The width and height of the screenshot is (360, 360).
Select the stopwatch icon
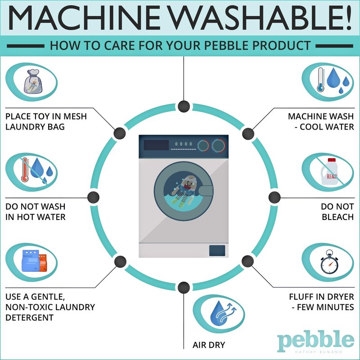click(329, 262)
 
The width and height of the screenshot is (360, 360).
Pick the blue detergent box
click(30, 261)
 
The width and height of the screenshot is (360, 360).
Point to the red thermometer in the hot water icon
click(24, 171)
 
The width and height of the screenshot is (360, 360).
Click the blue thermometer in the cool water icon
click(320, 80)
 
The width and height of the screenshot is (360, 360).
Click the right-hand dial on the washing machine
click(218, 145)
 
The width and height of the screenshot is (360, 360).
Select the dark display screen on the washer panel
click(156, 145)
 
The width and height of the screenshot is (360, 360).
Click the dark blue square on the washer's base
click(217, 251)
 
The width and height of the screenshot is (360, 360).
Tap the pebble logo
click(316, 341)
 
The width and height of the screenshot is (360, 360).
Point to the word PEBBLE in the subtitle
click(226, 45)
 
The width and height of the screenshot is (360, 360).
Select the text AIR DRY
click(209, 345)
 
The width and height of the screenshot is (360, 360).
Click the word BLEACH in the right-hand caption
click(337, 217)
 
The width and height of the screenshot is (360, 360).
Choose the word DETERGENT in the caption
click(29, 318)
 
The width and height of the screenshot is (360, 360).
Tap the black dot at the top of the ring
click(184, 106)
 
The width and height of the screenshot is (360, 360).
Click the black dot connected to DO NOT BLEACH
click(274, 198)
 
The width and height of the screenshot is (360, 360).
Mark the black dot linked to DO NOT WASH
click(94, 197)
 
